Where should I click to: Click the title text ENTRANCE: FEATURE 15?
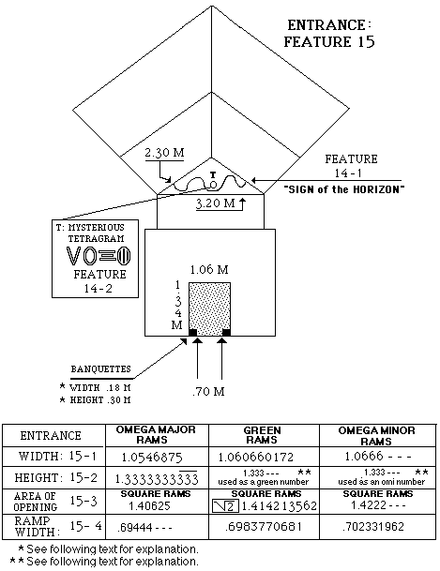coord(329,33)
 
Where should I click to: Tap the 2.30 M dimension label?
coord(164,152)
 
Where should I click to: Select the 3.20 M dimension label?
coord(215,203)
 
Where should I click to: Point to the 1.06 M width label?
coord(209,269)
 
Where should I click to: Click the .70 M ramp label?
coord(208,392)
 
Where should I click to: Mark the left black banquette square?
coord(192,332)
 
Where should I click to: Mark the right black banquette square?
coord(226,332)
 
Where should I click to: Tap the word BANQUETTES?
coord(101,368)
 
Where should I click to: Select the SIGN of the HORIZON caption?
coord(344,189)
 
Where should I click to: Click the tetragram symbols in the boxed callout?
coord(99,256)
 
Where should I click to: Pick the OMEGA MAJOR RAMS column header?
coord(156,434)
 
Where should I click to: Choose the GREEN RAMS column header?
coord(262,435)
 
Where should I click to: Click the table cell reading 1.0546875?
coord(152,457)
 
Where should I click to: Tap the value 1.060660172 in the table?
coord(256,457)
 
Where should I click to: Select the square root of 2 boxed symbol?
coord(225,506)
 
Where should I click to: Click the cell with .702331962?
coord(373,527)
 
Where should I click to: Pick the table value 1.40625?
coord(150,505)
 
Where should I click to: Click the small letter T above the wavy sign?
coord(213,174)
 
